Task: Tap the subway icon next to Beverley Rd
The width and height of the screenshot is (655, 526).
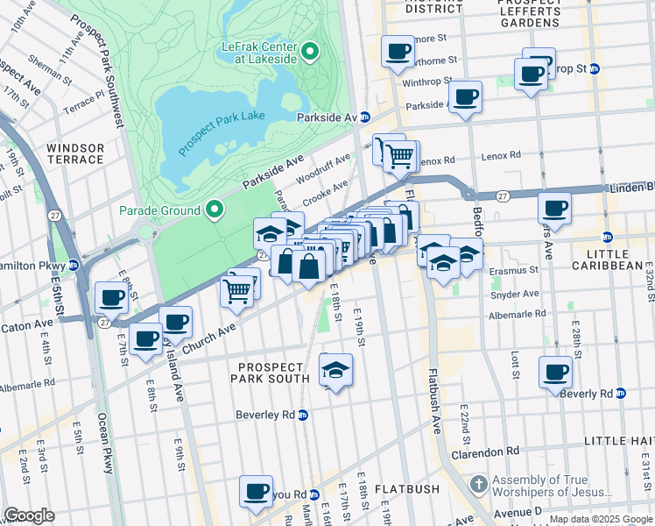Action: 303,415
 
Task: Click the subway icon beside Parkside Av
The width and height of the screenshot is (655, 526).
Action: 364,117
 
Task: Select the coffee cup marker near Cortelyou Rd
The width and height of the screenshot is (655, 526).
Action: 256,492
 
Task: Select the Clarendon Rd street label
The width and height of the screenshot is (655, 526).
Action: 485,452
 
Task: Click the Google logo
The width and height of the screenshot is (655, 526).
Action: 30,515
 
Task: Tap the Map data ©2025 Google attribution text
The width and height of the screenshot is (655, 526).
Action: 601,519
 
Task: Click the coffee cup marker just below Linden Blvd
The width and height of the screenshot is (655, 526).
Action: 555,210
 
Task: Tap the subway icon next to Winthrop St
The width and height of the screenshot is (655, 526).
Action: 595,68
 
